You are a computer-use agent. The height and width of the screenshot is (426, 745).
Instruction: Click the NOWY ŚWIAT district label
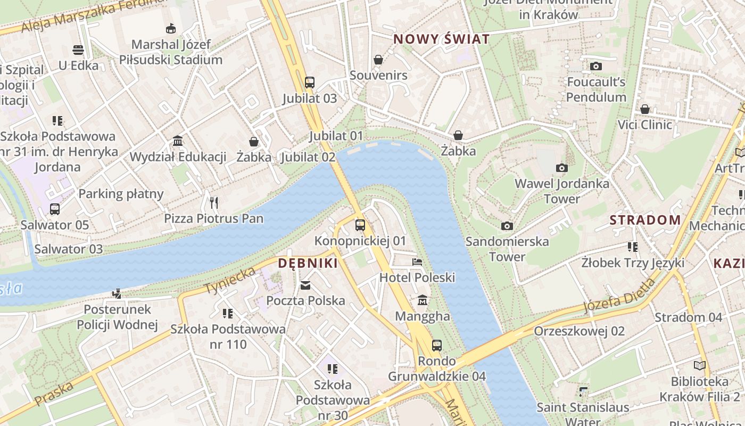click(441, 39)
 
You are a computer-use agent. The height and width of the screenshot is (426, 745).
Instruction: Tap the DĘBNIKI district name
click(308, 263)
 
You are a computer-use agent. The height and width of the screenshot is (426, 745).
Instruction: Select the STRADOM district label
click(645, 220)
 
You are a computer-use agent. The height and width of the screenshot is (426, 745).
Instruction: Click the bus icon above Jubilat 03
click(310, 83)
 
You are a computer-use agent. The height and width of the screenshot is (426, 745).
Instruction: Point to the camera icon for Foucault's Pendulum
click(596, 67)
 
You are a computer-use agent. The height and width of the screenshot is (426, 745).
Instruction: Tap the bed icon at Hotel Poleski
click(417, 261)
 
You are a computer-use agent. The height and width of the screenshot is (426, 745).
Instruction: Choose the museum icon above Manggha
click(423, 300)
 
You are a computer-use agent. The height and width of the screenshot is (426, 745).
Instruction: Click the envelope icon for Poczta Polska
click(305, 285)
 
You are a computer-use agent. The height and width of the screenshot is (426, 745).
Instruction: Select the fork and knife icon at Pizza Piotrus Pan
click(214, 202)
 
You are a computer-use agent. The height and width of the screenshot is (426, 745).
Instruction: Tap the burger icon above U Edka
click(78, 50)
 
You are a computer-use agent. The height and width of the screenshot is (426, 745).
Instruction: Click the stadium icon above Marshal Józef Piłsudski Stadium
click(171, 28)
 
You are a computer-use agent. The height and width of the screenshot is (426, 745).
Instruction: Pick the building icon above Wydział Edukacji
click(178, 141)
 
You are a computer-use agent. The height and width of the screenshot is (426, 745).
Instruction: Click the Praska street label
click(53, 394)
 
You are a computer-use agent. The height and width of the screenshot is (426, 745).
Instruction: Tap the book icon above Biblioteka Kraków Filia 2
click(699, 365)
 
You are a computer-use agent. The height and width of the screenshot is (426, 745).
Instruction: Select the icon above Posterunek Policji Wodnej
click(117, 293)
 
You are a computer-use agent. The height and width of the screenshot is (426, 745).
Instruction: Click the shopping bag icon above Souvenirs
click(378, 60)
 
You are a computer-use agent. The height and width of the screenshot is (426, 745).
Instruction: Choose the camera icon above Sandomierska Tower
click(507, 226)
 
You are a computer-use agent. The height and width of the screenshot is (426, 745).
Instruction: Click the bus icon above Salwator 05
click(55, 209)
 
